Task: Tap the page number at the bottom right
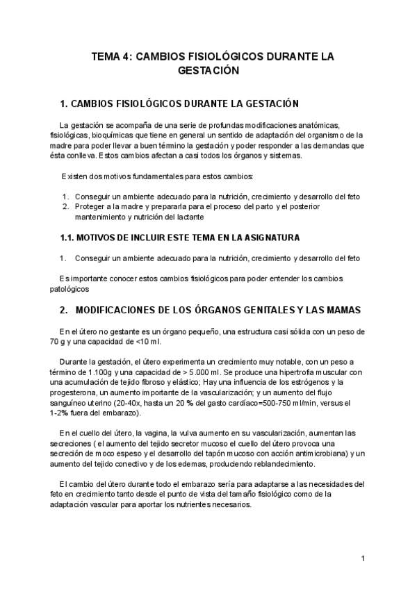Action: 363,558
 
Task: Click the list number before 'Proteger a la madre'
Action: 65,206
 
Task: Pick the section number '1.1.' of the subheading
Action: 69,238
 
